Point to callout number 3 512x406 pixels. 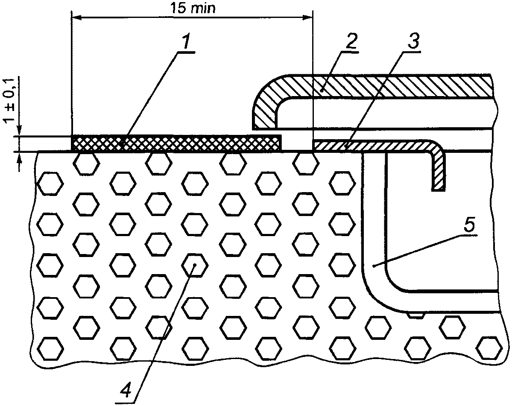click(x=412, y=41)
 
